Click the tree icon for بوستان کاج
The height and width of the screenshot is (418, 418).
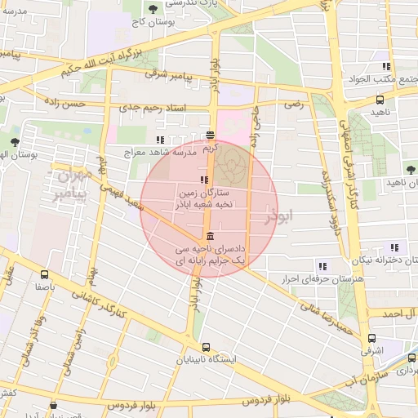[153, 9]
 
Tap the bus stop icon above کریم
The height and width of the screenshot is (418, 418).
[211, 136]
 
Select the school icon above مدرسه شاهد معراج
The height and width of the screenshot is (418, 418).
[160, 140]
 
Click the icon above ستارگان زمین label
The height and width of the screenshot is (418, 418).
[202, 180]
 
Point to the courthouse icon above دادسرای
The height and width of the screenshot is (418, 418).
[211, 237]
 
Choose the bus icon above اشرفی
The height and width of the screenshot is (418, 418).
[372, 339]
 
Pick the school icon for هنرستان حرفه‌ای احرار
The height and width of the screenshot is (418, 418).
[322, 266]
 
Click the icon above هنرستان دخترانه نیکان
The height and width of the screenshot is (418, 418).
[395, 248]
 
